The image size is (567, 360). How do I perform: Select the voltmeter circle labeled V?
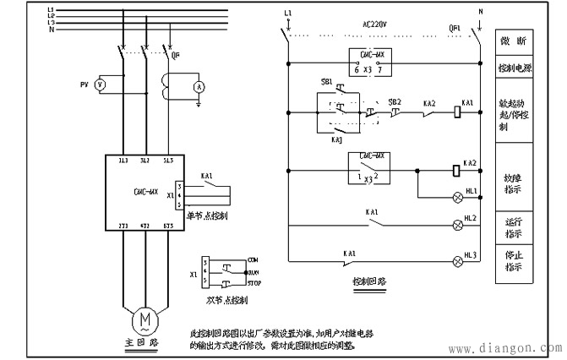pyautogui.click(x=100, y=85)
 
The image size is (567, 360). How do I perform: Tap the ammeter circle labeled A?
pyautogui.click(x=199, y=86)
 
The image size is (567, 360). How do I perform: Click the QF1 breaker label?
pyautogui.click(x=455, y=25)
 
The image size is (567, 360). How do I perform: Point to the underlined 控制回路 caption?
pyautogui.click(x=369, y=279)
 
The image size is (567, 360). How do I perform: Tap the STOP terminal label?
pyautogui.click(x=259, y=283)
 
